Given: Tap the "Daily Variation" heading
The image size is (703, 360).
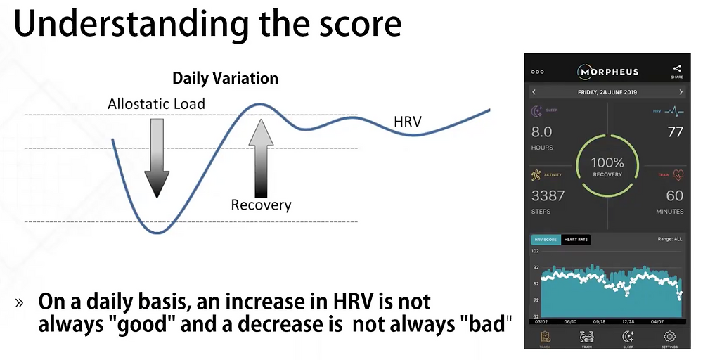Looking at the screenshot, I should point(225,78).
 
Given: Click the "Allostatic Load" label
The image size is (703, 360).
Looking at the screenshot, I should point(156,104).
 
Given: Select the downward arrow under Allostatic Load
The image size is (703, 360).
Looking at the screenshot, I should point(157,157).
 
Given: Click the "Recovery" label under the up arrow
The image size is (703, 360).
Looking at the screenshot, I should point(261,205).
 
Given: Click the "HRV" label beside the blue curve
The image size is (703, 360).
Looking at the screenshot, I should point(407,122).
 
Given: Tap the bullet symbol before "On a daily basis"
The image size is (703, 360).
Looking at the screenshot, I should point(20,304).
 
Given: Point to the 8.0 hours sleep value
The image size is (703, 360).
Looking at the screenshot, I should point(542,131).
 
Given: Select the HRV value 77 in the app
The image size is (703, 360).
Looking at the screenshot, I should point(674,131).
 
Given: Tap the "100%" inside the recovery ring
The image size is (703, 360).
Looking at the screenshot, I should point(607,163).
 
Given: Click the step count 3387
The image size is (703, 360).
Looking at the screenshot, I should point(548,195).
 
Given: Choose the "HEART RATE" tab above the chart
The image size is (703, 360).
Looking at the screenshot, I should point(576,240).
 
